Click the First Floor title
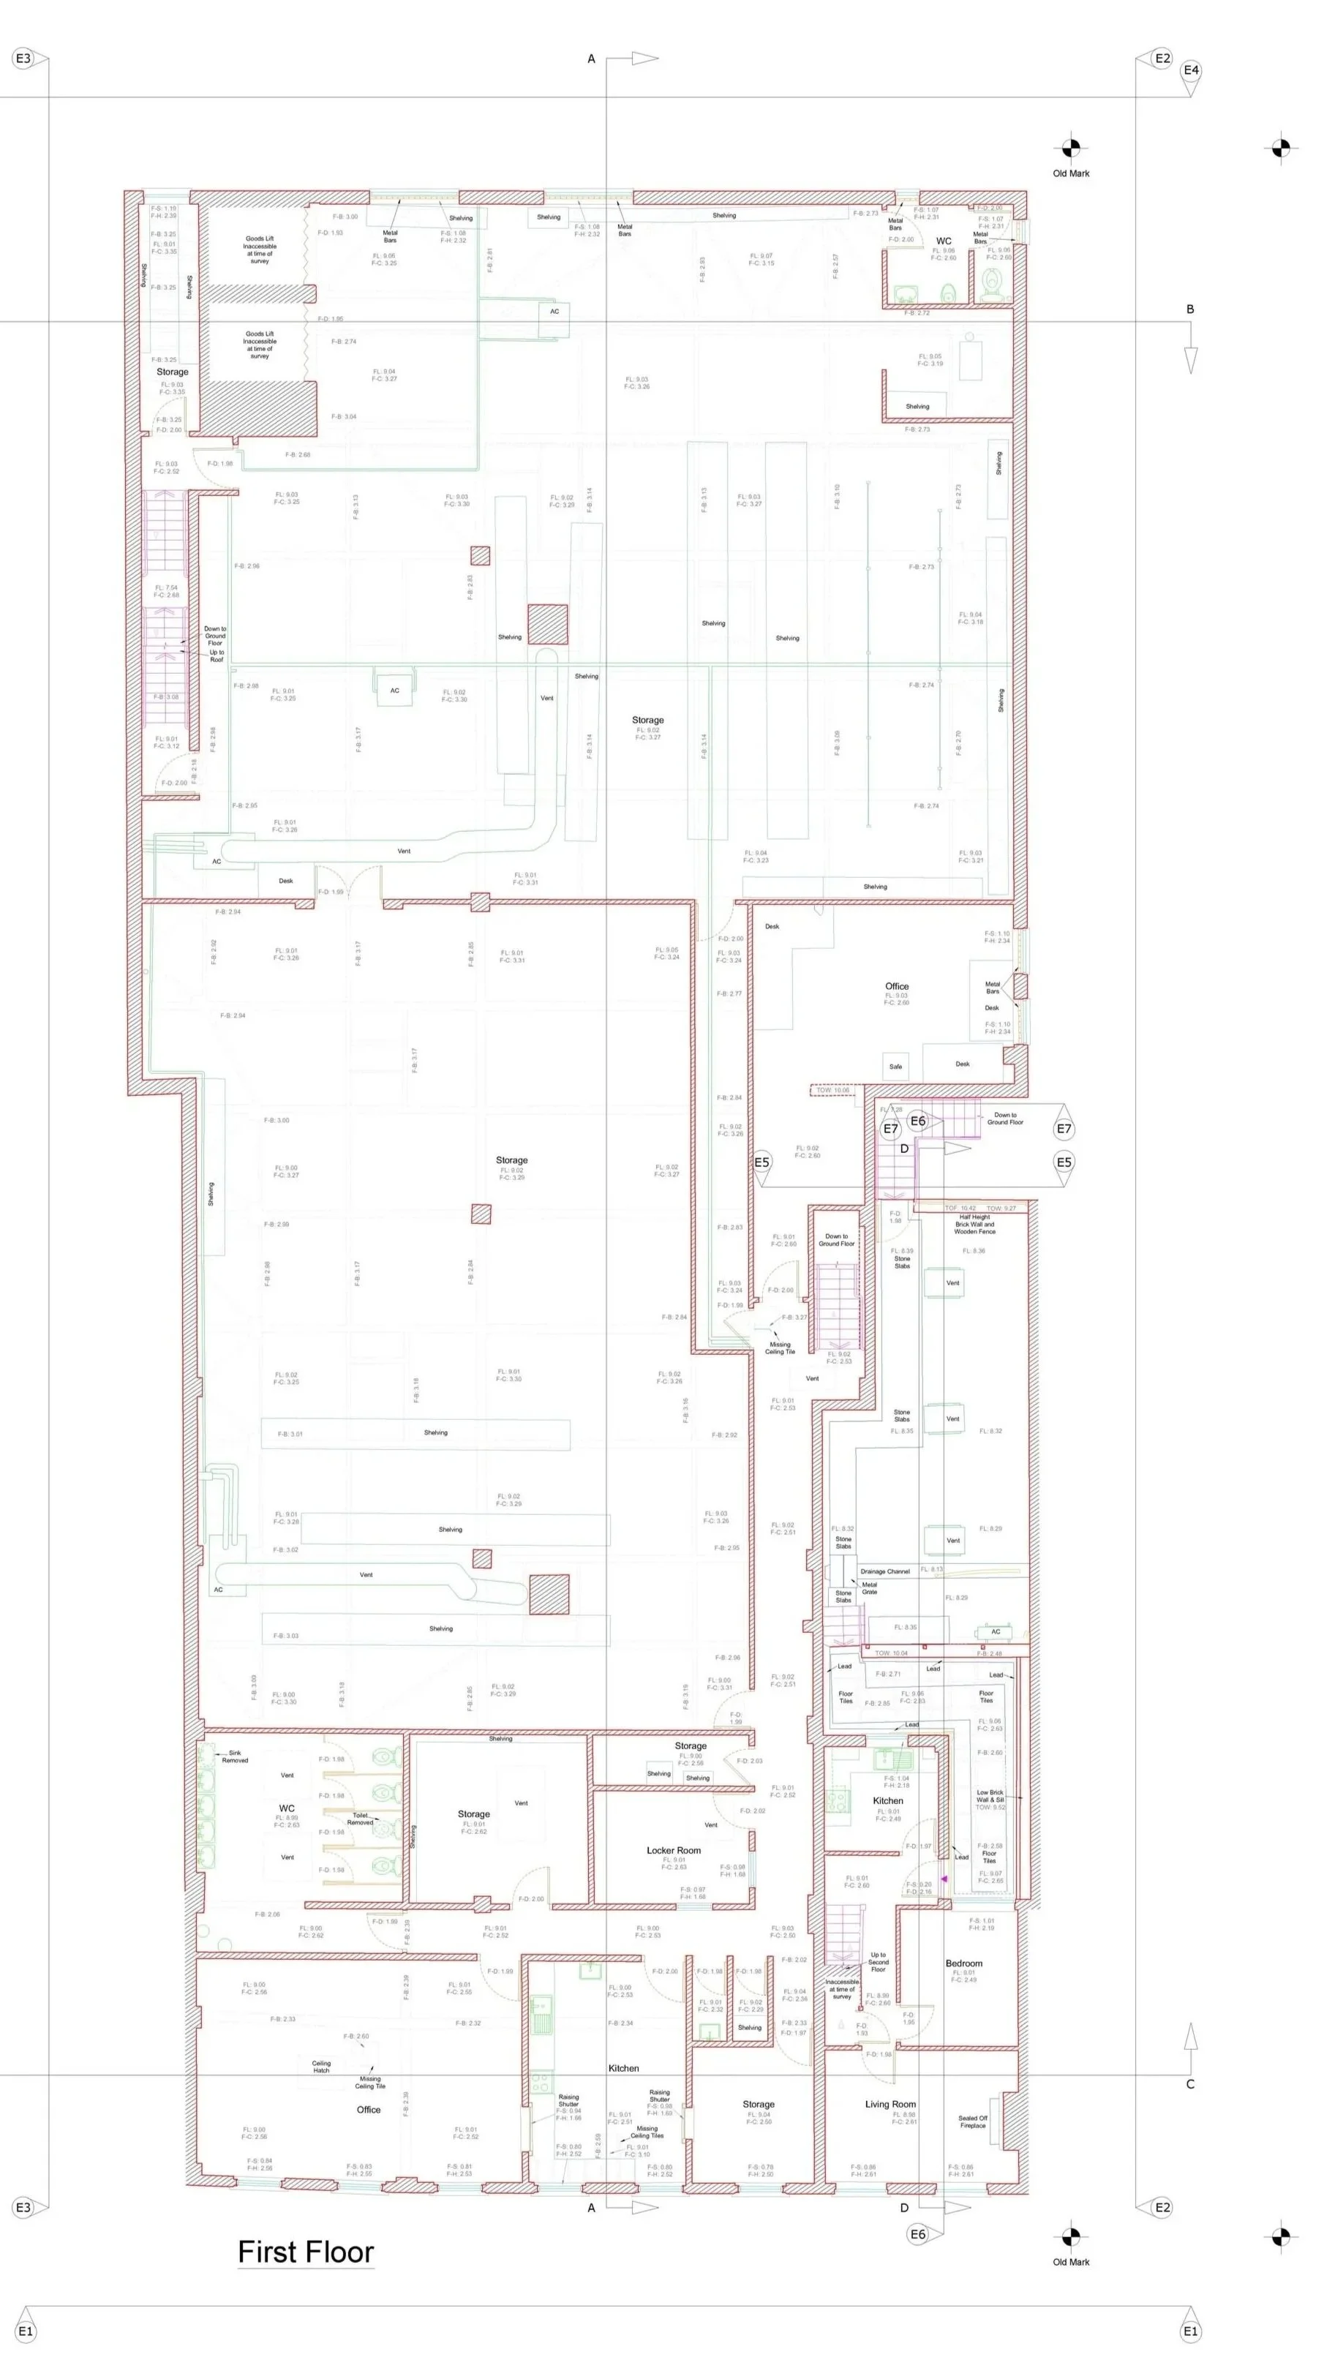click(306, 2252)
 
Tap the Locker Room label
click(673, 1850)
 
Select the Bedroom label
click(963, 1963)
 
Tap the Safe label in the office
click(895, 1067)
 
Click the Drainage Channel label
click(884, 1571)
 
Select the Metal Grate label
click(869, 1588)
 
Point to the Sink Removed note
click(235, 1756)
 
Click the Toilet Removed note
click(360, 1819)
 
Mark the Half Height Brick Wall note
click(974, 1224)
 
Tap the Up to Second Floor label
click(878, 1961)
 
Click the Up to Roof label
click(216, 655)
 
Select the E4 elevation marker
click(1191, 70)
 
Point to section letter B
click(1190, 309)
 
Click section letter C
click(1190, 2084)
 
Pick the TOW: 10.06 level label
click(833, 1091)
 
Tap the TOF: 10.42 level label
click(960, 1208)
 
